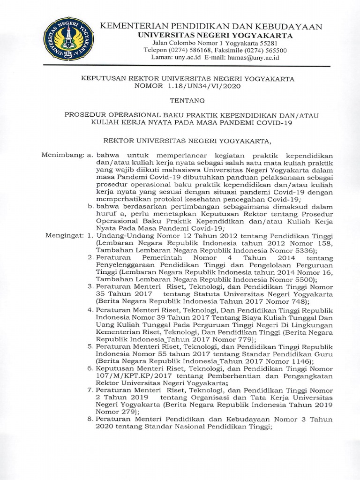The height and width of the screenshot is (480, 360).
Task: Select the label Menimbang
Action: (x=60, y=155)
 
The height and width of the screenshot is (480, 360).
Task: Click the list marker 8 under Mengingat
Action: (x=90, y=419)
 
